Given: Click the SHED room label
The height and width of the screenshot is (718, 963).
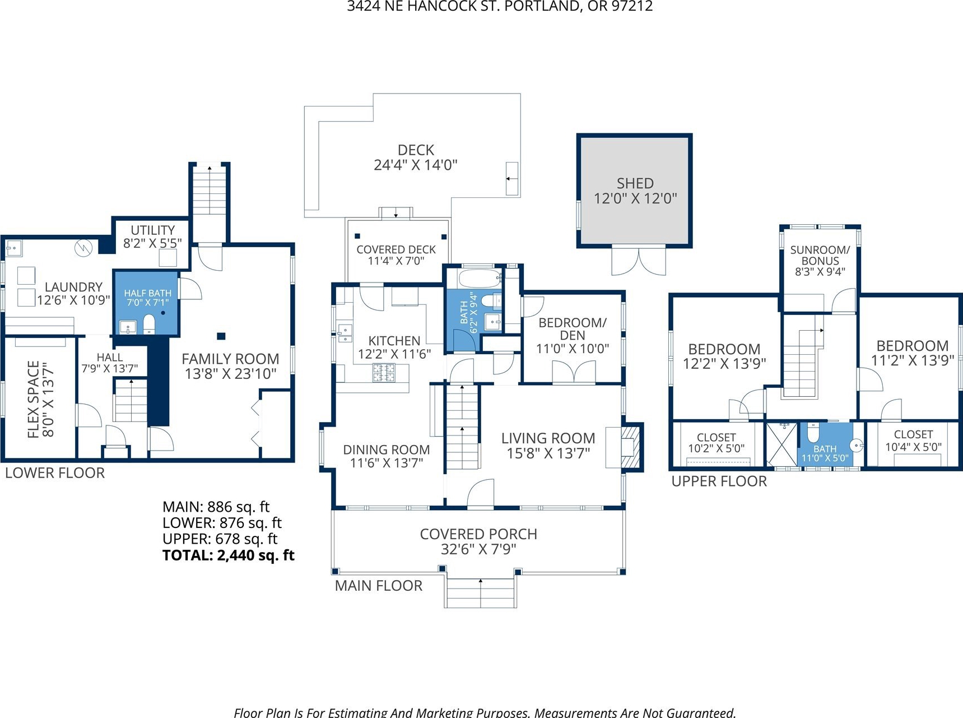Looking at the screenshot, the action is (635, 191).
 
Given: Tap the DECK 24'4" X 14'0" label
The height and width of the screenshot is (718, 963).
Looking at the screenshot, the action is (416, 158).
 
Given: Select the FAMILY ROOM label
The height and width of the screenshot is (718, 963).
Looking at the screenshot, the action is (230, 366).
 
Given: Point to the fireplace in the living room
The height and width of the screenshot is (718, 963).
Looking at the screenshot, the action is (630, 447).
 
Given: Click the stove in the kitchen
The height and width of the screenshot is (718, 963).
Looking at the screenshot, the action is (384, 373).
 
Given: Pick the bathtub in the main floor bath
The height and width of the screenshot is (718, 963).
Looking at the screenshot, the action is (480, 278).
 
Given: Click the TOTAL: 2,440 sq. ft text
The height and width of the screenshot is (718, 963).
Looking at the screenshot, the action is (229, 555).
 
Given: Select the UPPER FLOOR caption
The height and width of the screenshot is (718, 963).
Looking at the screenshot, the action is (719, 481).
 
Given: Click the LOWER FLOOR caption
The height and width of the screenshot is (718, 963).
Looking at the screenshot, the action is (55, 473).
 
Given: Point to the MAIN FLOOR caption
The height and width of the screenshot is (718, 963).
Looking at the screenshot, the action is (379, 586).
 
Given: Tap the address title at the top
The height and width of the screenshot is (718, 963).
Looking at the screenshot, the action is (500, 6).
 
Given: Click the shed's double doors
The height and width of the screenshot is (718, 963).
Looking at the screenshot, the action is (639, 261).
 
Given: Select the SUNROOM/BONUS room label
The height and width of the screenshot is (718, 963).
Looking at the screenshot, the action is (820, 261).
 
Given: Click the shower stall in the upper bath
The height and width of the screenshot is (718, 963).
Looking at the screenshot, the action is (781, 444).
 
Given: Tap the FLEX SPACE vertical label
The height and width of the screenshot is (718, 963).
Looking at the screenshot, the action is (41, 399).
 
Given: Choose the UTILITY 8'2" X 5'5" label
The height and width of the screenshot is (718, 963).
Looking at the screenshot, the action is (152, 237).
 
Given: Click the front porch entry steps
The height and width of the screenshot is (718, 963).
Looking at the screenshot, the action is (481, 593).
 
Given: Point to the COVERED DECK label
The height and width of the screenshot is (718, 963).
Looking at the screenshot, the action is (396, 255).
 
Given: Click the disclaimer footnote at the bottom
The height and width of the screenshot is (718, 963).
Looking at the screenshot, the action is (485, 712).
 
